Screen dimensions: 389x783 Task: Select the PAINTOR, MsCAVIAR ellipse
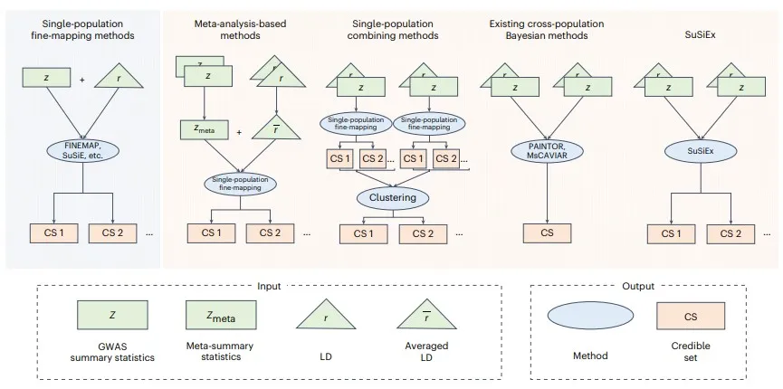(x=547, y=150)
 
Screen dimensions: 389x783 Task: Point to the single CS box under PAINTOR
(x=547, y=232)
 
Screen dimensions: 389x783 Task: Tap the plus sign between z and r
(x=81, y=80)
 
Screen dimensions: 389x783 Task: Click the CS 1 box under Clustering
(x=363, y=232)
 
